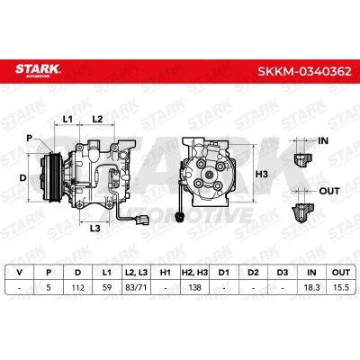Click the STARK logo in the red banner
[x=38, y=70]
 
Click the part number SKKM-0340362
[x=304, y=72]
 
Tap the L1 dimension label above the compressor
[x=67, y=119]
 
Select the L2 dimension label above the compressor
[x=97, y=119]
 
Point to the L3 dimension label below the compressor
[x=94, y=229]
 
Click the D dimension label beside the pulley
[x=22, y=178]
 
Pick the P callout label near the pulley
[x=29, y=139]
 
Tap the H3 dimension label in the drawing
[x=261, y=174]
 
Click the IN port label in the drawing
[x=323, y=140]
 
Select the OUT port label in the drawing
[x=329, y=191]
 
